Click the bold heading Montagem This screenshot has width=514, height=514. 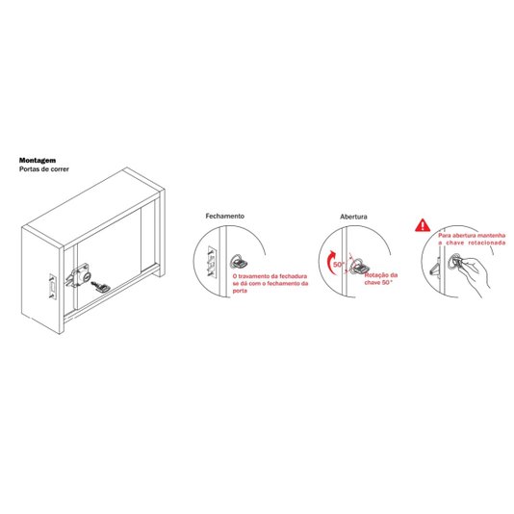[38, 161]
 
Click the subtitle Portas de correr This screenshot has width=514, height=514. [44, 169]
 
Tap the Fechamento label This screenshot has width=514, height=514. [225, 216]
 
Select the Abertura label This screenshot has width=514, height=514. [353, 217]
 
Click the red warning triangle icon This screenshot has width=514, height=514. [423, 225]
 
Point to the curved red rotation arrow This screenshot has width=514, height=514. [330, 262]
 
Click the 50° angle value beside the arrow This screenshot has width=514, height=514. [339, 264]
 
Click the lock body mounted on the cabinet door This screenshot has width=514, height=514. [78, 277]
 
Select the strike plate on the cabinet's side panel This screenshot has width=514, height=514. [53, 287]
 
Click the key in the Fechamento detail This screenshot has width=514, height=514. [241, 262]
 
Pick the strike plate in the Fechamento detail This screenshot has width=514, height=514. [212, 261]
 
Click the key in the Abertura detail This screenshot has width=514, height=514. [360, 267]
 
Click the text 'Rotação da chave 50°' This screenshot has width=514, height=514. [381, 278]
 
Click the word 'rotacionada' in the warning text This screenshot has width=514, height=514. [487, 243]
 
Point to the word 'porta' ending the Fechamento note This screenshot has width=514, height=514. [240, 291]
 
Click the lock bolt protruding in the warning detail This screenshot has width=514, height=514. [435, 267]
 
